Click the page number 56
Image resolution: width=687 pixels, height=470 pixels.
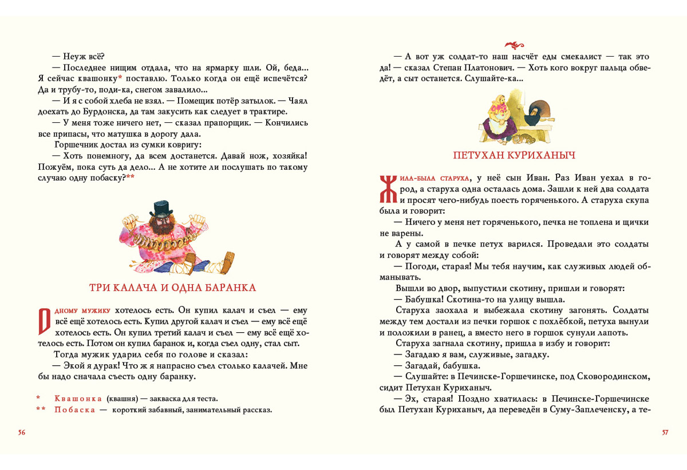22,432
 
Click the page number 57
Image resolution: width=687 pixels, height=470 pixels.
665,432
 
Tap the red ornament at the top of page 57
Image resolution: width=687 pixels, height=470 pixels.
516,45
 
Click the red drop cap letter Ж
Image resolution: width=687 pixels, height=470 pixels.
388,189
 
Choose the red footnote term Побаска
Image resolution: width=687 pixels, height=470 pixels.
74,409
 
